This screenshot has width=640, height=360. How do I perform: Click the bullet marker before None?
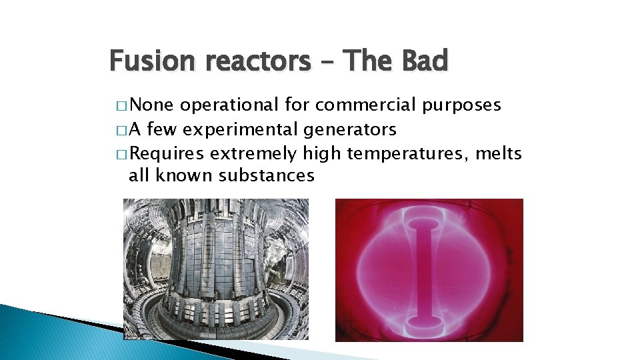click(x=120, y=105)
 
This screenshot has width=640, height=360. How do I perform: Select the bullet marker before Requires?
click(x=120, y=154)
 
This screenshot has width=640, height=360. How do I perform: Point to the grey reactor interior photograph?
click(x=216, y=269)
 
